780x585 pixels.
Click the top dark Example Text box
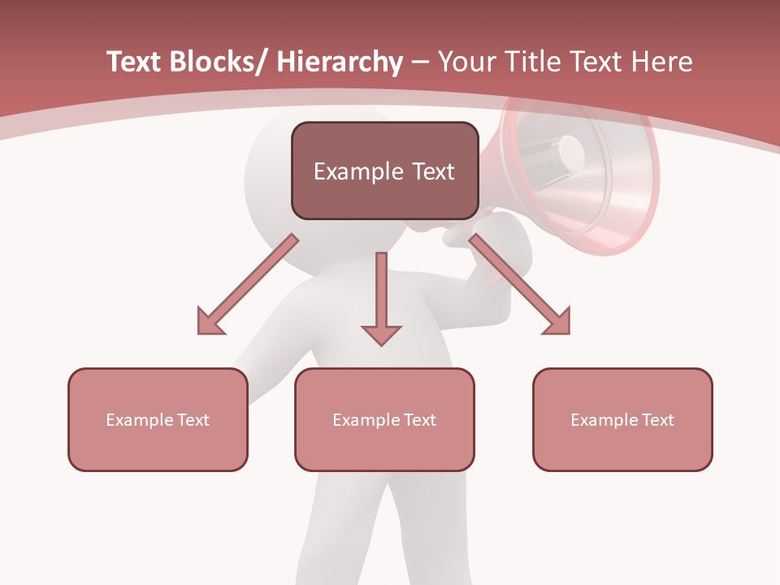[384, 171]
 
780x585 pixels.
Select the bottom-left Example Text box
[158, 419]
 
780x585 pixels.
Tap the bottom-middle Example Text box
[384, 419]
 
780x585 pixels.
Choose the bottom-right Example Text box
[622, 419]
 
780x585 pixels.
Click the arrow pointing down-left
[248, 284]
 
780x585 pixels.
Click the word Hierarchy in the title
[340, 62]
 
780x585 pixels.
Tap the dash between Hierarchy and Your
[420, 63]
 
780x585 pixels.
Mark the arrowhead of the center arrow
[381, 334]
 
